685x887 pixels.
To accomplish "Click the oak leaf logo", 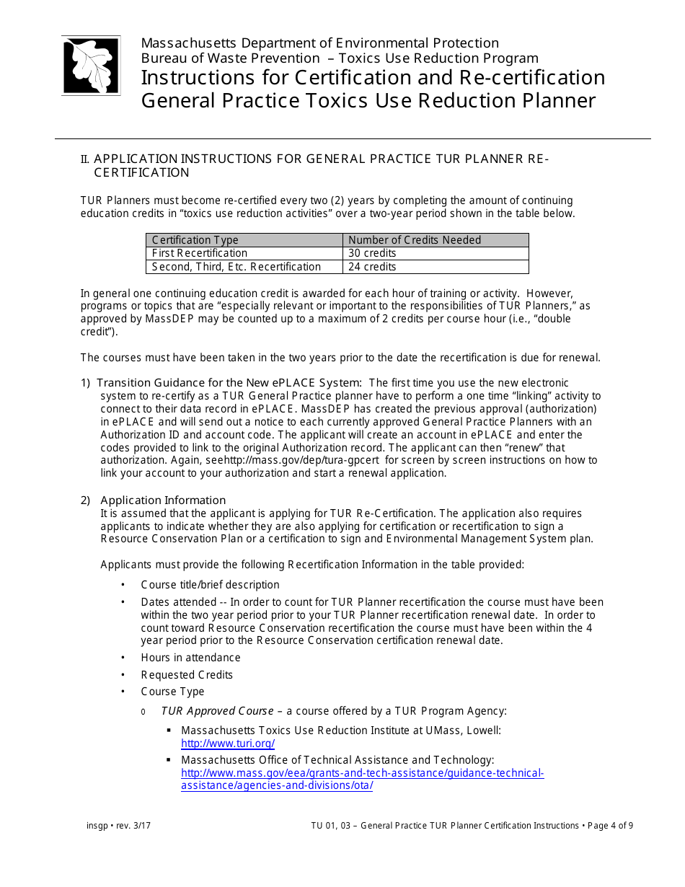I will point(91,66).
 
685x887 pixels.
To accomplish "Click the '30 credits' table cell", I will point(372,253).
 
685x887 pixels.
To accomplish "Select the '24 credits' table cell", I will point(372,267).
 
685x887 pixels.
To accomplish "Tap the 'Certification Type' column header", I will point(195,240).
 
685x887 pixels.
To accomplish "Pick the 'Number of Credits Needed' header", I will point(415,240).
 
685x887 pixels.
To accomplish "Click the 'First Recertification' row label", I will point(200,253).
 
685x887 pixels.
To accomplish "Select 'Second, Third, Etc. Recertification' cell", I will point(237,267).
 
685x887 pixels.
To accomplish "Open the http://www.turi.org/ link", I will point(228,743).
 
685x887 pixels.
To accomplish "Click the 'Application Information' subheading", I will point(163,500).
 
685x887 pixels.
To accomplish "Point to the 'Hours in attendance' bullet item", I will point(191,658).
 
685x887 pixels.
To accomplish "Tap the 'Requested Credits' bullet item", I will point(187,675).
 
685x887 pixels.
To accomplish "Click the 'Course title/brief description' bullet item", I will point(210,585).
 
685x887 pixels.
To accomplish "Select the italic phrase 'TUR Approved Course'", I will point(217,711).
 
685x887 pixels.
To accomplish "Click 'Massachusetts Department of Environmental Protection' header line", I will point(319,43).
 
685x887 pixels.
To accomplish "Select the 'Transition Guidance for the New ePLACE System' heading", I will point(231,383).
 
